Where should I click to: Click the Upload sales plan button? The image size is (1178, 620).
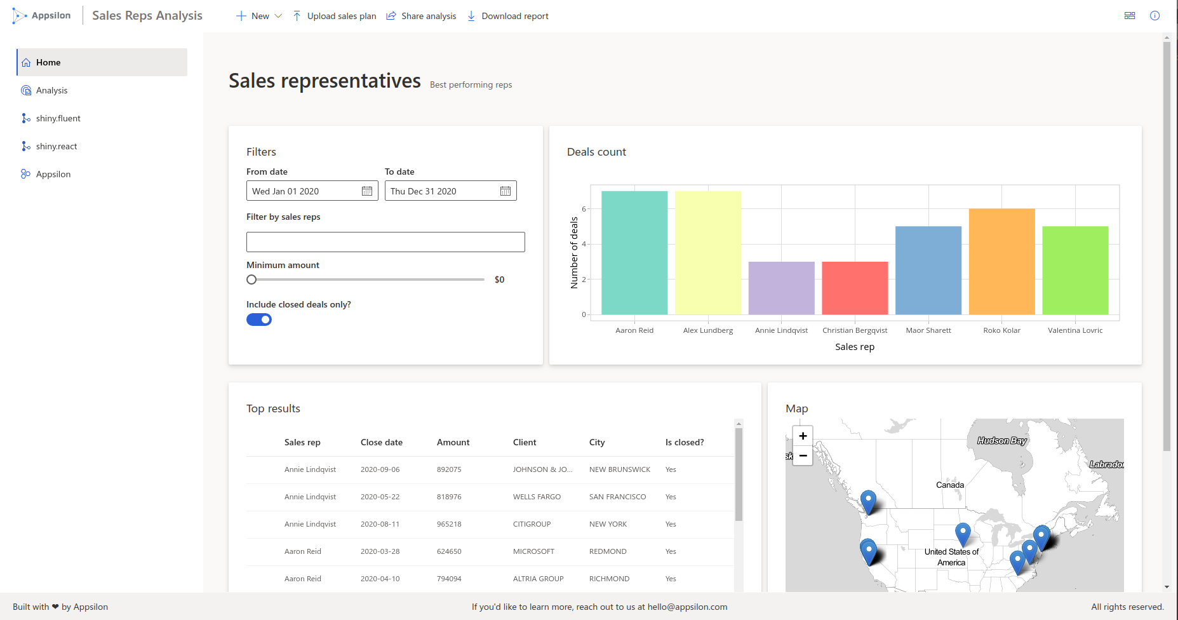click(x=335, y=16)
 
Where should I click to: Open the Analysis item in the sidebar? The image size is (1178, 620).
click(x=51, y=90)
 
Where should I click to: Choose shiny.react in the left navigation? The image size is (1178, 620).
click(x=57, y=146)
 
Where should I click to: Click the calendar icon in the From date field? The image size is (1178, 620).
click(x=367, y=191)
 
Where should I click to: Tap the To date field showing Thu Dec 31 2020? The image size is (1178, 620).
click(x=443, y=191)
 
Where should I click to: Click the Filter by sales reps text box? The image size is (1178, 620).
click(x=385, y=242)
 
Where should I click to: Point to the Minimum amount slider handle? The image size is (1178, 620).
click(x=251, y=280)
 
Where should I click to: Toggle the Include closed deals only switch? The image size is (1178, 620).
click(x=259, y=320)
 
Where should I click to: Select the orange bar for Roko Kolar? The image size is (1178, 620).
click(x=1001, y=262)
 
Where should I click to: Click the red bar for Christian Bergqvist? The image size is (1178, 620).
click(x=855, y=288)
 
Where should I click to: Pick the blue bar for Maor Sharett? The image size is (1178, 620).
click(x=928, y=270)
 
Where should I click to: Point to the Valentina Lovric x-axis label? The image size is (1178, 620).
click(x=1075, y=330)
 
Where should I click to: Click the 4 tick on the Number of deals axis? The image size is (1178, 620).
click(x=584, y=244)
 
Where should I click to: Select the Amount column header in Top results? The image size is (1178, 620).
click(x=453, y=442)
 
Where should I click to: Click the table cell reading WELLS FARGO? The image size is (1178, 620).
click(x=537, y=497)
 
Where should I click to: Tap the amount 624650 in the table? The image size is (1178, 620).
click(x=449, y=551)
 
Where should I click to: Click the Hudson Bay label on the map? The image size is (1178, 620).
click(x=1001, y=440)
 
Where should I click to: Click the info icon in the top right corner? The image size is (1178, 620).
click(x=1155, y=16)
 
